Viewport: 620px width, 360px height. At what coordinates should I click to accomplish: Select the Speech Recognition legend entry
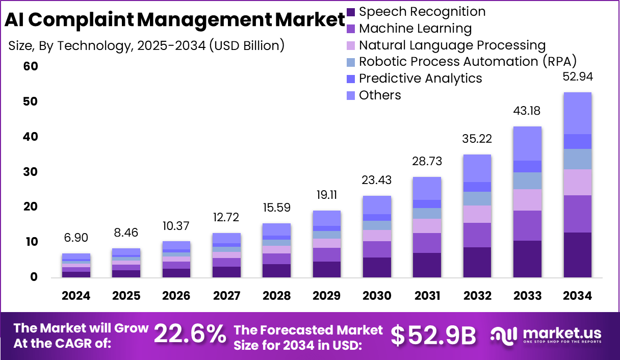416,12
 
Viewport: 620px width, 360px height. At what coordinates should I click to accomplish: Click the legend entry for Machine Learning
409,29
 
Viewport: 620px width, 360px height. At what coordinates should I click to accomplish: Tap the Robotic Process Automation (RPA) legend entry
461,62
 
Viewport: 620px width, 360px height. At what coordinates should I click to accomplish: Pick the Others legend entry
374,95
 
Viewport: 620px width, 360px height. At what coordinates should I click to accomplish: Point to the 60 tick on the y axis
31,67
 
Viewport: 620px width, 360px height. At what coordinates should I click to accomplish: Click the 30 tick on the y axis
31,172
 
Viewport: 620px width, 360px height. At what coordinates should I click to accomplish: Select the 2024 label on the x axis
76,296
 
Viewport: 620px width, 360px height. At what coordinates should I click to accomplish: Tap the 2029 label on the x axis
327,296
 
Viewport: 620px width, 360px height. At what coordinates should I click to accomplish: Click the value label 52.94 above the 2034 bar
577,78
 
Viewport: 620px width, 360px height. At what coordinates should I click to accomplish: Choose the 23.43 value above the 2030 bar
377,181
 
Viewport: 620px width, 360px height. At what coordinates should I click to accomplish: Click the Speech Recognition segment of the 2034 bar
577,255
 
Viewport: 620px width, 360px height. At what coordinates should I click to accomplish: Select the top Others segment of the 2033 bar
527,143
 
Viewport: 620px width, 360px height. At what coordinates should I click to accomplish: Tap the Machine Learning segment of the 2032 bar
477,235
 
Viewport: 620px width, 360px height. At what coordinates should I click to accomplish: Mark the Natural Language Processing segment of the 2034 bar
577,182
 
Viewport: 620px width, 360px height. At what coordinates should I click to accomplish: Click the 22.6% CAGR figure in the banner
190,335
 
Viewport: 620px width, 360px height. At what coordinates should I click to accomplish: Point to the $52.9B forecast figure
433,335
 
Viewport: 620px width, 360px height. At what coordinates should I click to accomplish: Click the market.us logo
546,335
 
